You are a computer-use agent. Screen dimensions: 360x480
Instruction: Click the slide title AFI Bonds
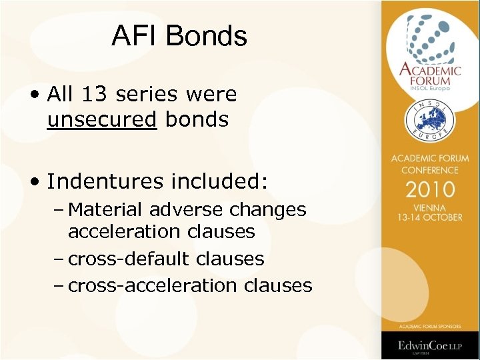pos(179,36)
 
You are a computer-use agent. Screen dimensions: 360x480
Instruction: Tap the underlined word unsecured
pos(102,120)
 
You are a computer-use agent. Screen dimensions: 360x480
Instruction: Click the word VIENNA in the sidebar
pos(430,207)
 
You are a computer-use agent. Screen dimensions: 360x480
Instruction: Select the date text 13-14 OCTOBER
pos(430,217)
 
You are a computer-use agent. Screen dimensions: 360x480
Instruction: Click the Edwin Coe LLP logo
pos(430,345)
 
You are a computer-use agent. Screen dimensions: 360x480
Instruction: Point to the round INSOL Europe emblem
pos(430,121)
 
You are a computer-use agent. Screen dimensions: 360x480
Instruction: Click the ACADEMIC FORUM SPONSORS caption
pos(430,327)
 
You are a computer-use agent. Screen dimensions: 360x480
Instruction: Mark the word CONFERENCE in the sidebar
pos(430,170)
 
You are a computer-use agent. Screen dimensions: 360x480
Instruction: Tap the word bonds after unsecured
pos(197,120)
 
